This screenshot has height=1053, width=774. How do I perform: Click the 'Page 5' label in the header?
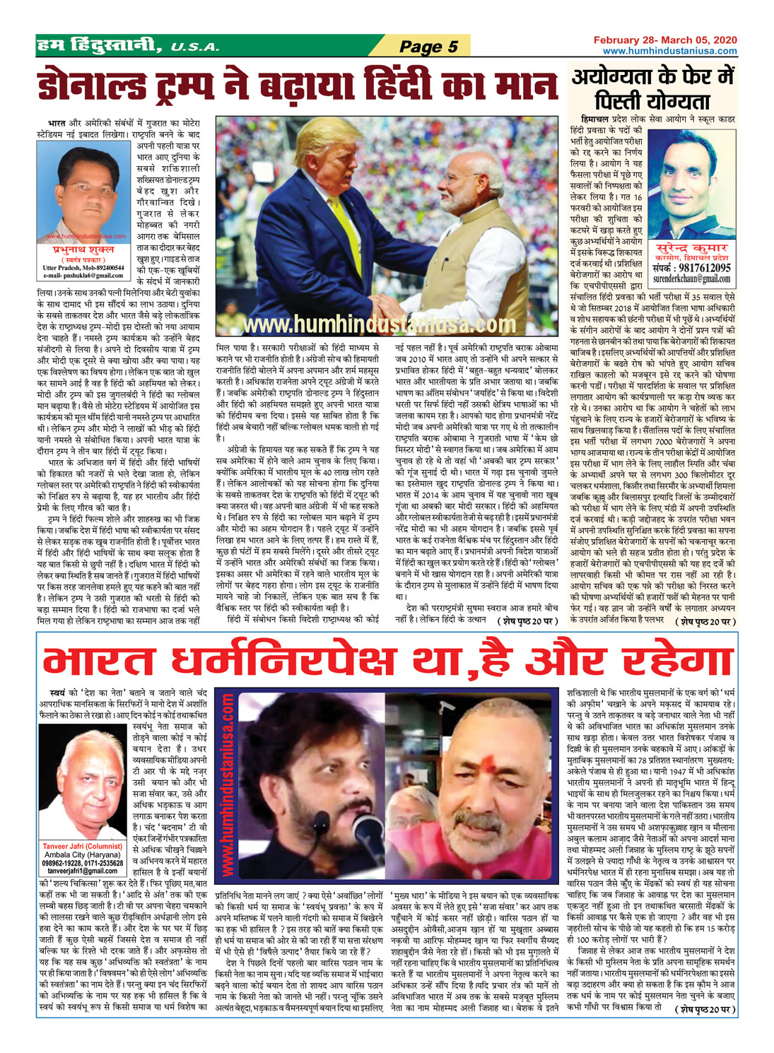coord(428,47)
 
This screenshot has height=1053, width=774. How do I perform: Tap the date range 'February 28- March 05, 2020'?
coord(665,40)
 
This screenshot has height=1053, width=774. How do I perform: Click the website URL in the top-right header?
coord(669,51)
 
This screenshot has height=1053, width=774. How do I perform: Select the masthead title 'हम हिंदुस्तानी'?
coord(99,47)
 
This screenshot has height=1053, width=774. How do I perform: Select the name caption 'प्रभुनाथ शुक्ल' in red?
coord(82,249)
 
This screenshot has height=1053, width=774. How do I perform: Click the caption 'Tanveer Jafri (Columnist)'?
coord(83,846)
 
